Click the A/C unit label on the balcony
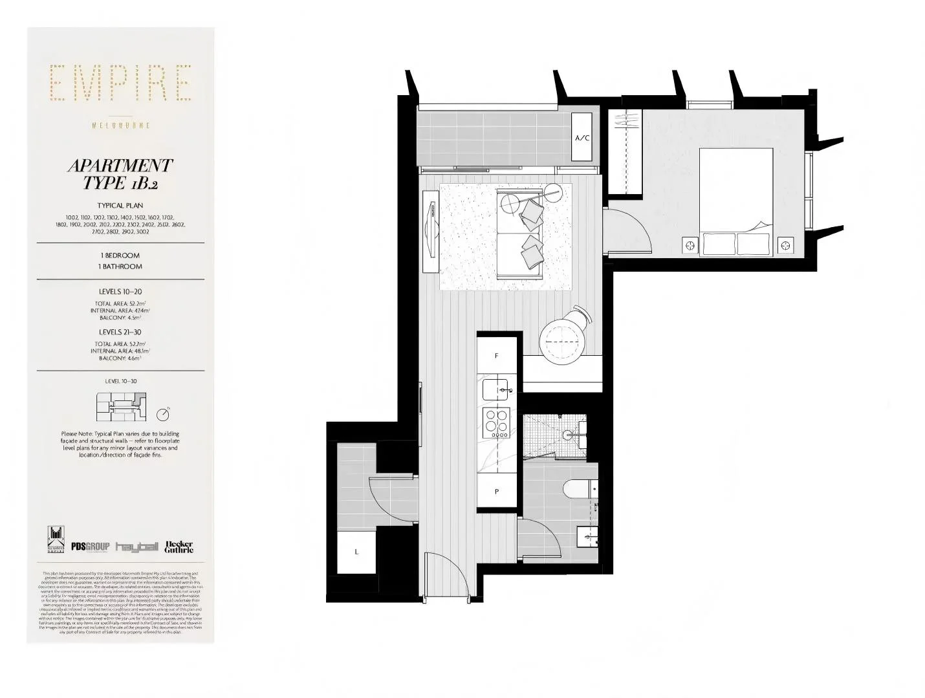(x=582, y=138)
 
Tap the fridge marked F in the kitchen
(x=497, y=355)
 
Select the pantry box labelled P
(x=497, y=491)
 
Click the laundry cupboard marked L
(x=356, y=552)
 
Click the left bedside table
(x=690, y=245)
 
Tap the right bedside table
(x=785, y=245)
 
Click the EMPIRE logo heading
(x=121, y=83)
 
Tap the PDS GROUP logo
(x=90, y=547)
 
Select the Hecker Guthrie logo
(x=179, y=547)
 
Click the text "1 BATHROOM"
(x=120, y=267)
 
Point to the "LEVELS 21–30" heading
(x=120, y=332)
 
